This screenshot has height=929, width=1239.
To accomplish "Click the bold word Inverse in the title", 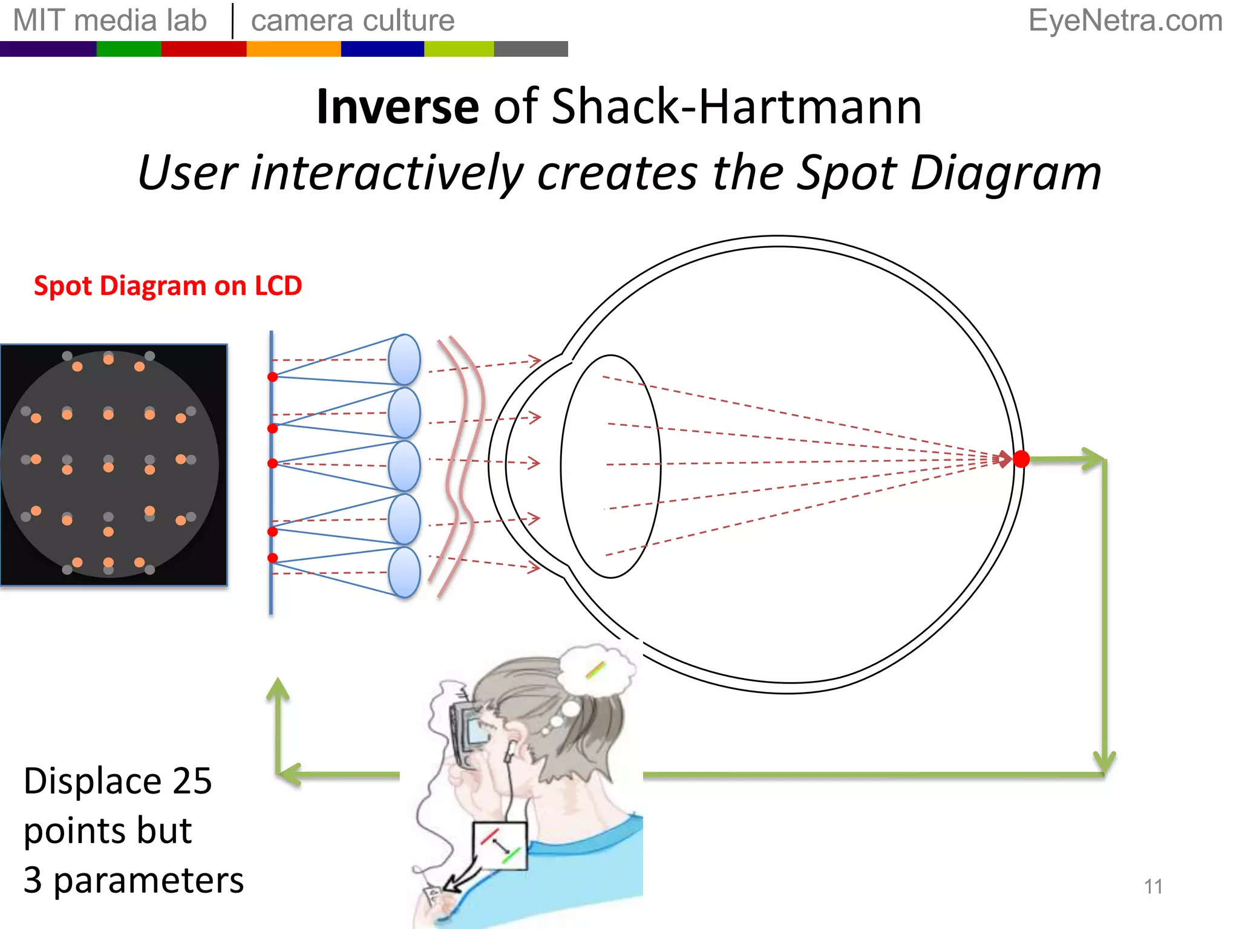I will point(398,107).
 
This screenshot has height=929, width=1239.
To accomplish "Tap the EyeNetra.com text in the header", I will point(1125,21).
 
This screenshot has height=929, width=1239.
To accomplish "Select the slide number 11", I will point(1153,887).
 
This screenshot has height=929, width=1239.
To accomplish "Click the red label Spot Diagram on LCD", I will point(168,285).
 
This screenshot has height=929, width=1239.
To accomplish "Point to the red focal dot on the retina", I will point(1021,459).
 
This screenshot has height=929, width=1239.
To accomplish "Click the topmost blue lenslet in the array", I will point(404,360).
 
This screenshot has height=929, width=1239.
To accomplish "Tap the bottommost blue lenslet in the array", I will point(404,572).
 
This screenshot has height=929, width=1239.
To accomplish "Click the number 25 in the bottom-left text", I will point(192,781).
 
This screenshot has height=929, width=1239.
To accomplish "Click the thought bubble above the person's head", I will point(597,669).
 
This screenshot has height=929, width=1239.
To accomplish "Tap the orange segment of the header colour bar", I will point(293,49).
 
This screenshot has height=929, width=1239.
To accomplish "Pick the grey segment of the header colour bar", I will point(531,49).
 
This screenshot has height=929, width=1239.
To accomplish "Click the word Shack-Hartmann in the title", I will point(737,107).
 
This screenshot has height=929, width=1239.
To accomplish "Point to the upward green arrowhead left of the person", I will point(278,689).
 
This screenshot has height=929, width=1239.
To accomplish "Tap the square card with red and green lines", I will point(500,846).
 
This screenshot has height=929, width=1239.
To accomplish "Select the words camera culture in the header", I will point(353,21).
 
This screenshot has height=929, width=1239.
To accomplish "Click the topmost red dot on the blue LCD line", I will point(273,377).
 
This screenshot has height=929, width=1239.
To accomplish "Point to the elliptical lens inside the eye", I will point(610,466).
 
